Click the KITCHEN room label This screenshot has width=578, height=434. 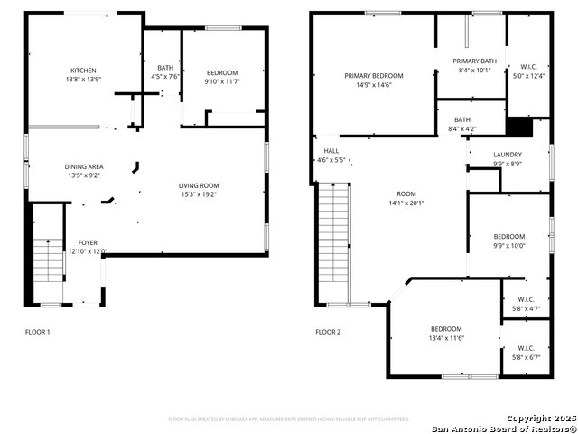pos(84,71)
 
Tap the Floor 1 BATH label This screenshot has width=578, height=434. pos(165,68)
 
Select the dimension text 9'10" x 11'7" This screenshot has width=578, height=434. pos(221,82)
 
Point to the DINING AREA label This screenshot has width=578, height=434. pos(83,166)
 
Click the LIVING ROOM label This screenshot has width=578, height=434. pos(199,185)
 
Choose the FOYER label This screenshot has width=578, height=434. pos(88,242)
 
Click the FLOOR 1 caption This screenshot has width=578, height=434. pos(37,332)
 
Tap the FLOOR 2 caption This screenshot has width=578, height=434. pos(328,332)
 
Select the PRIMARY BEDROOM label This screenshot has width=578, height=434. pos(373,76)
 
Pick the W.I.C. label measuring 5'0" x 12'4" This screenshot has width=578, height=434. pos(528,66)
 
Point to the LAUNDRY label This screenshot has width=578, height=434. pos(507,155)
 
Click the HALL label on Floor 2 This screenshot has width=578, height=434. pos(331,151)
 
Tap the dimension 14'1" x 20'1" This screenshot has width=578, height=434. pos(406,203)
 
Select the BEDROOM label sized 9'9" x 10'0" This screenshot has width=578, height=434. pos(508,236)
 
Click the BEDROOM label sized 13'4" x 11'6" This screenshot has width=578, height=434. pos(445,328)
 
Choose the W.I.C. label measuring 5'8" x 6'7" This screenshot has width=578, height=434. pos(526,347)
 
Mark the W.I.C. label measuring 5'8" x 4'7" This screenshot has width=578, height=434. pos(526,299)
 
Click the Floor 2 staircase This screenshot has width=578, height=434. pos(333,240)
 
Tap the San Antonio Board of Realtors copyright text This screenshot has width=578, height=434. pos(504,428)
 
